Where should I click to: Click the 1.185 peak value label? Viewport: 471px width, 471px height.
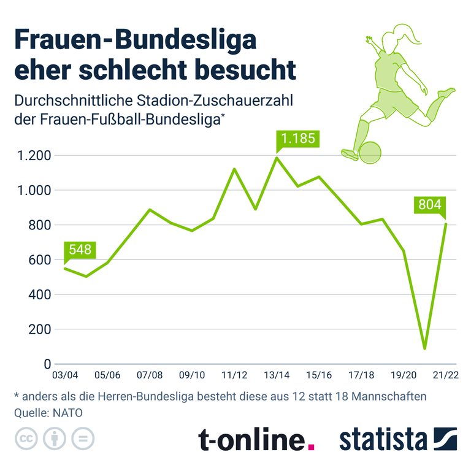(x=297, y=139)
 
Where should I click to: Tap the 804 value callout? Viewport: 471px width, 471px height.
(x=429, y=205)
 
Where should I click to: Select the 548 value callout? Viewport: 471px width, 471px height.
(x=80, y=250)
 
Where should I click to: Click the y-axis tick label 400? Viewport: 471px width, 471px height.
(x=37, y=294)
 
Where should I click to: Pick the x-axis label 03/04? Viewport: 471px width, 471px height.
(x=65, y=375)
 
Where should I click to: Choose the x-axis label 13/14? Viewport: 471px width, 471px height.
(x=277, y=375)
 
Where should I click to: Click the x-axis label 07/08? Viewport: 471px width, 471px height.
(x=150, y=375)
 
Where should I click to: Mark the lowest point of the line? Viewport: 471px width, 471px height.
(x=424, y=348)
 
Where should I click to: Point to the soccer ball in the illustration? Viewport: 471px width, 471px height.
(x=370, y=153)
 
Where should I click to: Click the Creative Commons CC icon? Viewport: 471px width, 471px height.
(x=25, y=439)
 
